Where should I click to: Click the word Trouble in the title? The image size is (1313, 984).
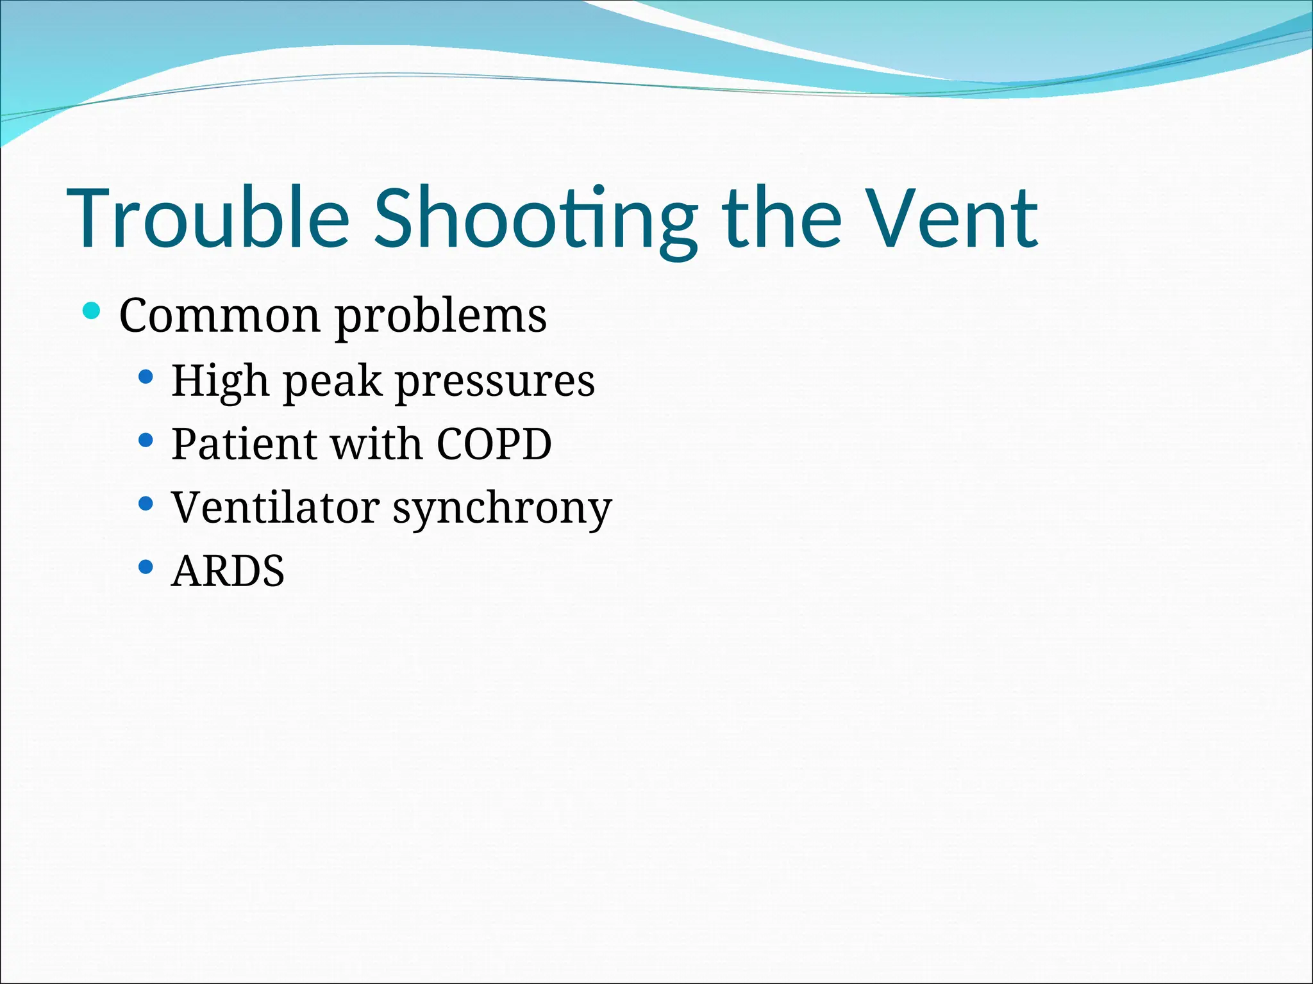(x=208, y=218)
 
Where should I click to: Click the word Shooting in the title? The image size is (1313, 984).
(x=535, y=218)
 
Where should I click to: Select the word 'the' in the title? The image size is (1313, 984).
(x=781, y=218)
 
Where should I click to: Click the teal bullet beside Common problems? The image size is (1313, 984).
(x=92, y=311)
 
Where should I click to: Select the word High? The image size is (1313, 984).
(x=220, y=381)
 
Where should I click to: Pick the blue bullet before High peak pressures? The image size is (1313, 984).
(x=146, y=377)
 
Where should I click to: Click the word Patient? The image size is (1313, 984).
(x=244, y=443)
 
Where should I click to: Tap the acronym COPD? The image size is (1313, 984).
(x=494, y=443)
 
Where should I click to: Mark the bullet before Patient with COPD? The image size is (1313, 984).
(x=146, y=440)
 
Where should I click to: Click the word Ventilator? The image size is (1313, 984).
(x=276, y=507)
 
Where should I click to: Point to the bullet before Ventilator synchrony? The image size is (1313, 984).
(x=146, y=504)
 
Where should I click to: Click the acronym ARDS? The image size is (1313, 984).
(x=228, y=571)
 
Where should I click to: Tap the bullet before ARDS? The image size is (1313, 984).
(x=146, y=567)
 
